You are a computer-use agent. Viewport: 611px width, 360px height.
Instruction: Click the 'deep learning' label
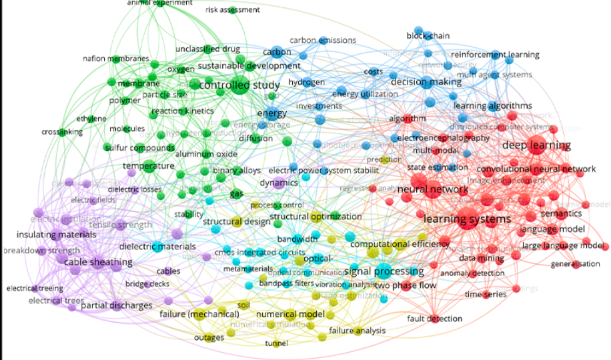pyautogui.click(x=536, y=145)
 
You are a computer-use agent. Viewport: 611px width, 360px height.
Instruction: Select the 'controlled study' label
pyautogui.click(x=229, y=85)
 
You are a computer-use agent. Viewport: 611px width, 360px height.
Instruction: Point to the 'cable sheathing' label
pyautogui.click(x=98, y=263)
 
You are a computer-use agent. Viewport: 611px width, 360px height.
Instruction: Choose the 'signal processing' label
pyautogui.click(x=384, y=271)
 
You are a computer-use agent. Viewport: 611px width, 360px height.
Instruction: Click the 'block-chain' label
pyautogui.click(x=428, y=35)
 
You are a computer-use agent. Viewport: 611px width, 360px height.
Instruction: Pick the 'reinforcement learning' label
pyautogui.click(x=496, y=55)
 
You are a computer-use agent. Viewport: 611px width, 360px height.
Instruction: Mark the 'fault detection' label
pyautogui.click(x=435, y=319)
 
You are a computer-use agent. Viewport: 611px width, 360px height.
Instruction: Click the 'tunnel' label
pyautogui.click(x=276, y=343)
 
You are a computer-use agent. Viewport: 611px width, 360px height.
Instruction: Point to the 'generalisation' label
pyautogui.click(x=576, y=264)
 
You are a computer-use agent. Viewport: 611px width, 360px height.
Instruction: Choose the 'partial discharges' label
pyautogui.click(x=117, y=306)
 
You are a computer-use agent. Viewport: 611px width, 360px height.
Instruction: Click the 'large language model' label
pyautogui.click(x=564, y=245)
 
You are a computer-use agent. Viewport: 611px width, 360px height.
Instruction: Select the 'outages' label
pyautogui.click(x=209, y=337)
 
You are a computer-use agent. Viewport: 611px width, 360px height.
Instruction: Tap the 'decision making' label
pyautogui.click(x=426, y=83)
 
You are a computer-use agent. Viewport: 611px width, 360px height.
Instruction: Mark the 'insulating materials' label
pyautogui.click(x=56, y=235)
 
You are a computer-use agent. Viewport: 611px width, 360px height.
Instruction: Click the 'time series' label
pyautogui.click(x=482, y=294)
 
